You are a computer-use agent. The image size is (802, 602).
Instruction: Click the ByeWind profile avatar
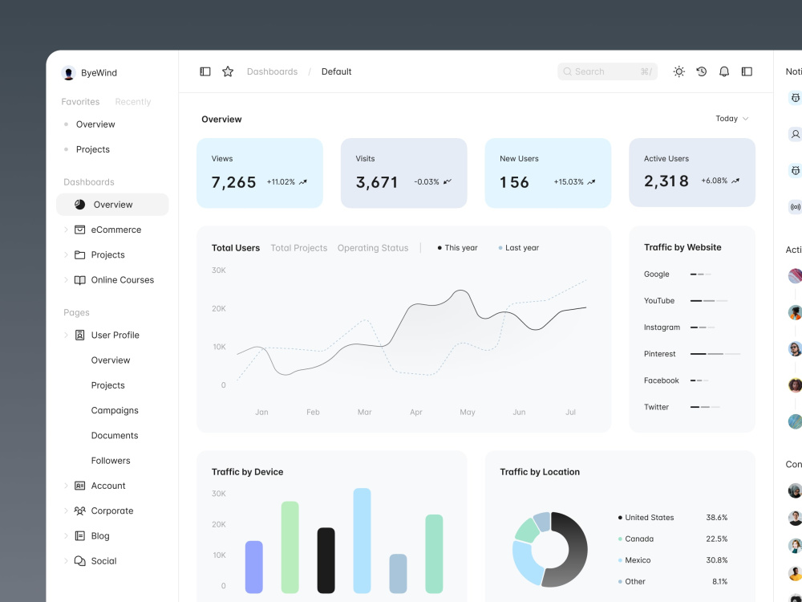point(68,73)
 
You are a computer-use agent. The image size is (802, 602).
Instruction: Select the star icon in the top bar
point(228,71)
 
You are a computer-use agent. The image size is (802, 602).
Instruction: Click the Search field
point(607,71)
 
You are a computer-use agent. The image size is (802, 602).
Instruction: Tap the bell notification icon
point(723,71)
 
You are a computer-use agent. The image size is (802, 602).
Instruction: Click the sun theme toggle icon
point(678,71)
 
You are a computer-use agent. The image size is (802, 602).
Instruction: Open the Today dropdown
point(732,119)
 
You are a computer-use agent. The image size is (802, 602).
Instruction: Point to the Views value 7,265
point(233,182)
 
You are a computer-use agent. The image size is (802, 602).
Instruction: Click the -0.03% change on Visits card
point(427,181)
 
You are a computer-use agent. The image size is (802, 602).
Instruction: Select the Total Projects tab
point(298,248)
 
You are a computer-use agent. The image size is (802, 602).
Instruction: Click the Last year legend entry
point(519,248)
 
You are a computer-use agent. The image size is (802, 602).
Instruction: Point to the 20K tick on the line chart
point(218,309)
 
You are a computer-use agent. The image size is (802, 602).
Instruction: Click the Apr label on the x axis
point(415,412)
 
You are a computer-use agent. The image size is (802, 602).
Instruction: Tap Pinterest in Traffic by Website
point(660,354)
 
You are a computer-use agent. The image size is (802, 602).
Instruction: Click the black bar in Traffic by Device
point(326,560)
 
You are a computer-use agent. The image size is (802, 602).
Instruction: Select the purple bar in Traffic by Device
point(254,567)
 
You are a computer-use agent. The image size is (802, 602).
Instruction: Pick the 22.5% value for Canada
point(716,539)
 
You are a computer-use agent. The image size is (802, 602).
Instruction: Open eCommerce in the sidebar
point(116,230)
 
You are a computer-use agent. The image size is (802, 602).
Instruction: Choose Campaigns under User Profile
point(115,410)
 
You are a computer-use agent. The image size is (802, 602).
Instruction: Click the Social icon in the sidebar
point(79,561)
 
